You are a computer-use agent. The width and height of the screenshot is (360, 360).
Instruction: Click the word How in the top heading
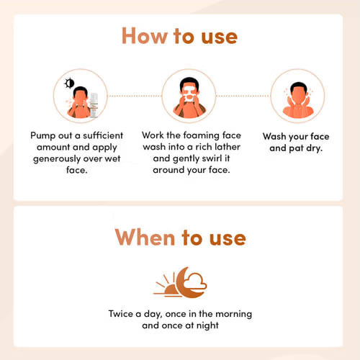coord(145,36)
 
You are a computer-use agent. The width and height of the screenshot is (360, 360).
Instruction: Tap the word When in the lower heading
coord(145,237)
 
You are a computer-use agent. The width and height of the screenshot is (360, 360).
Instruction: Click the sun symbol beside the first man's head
coord(69,84)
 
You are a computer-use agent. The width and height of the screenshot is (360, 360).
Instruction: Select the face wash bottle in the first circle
coord(94,105)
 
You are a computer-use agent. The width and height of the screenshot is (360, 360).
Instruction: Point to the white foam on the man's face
coord(189,94)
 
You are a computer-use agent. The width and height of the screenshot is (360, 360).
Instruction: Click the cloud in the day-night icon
coord(196,281)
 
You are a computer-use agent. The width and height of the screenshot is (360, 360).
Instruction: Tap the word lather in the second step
coord(228,147)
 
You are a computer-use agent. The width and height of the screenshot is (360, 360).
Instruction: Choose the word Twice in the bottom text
coord(120,314)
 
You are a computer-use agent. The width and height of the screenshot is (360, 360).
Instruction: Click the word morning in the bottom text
coord(233,314)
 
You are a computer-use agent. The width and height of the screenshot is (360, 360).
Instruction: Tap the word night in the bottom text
coord(207,325)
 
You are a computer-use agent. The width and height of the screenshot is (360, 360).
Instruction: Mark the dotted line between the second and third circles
coord(243,96)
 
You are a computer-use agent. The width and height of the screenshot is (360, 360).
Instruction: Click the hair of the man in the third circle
coord(298,87)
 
